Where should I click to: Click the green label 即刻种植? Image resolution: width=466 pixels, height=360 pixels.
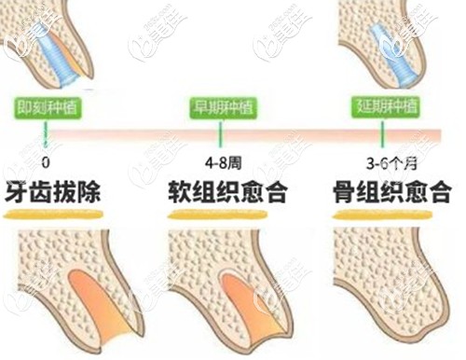(47, 105)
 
